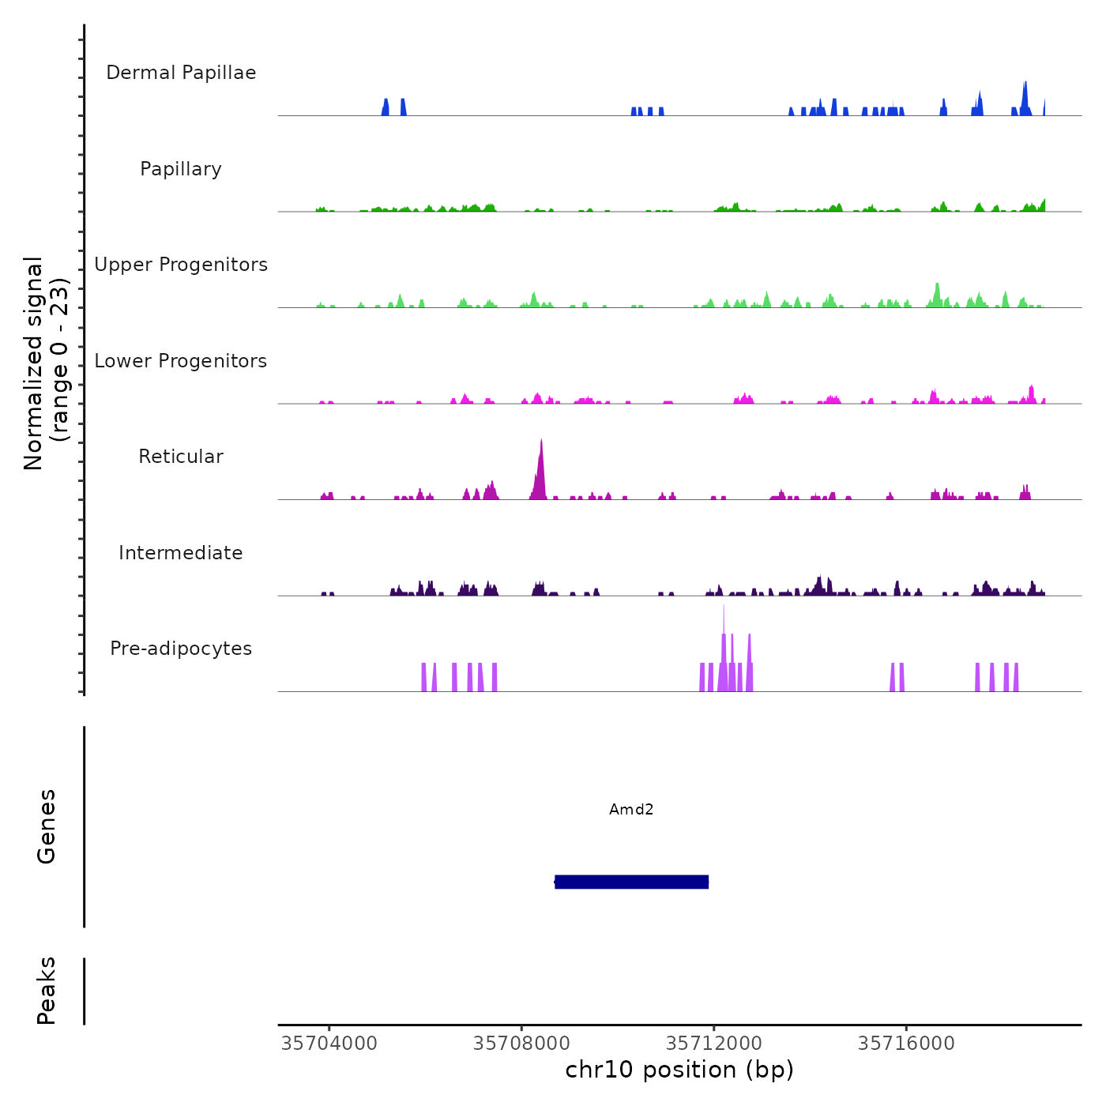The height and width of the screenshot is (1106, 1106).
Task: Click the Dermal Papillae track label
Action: [x=181, y=73]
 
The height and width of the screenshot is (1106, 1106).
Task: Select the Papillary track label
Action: [x=181, y=169]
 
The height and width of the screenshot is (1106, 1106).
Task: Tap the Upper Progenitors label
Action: [x=181, y=265]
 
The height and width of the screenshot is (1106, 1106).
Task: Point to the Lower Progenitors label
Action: [x=181, y=361]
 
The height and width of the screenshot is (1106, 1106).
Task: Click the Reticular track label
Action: [x=181, y=457]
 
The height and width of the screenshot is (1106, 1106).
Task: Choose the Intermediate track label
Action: [x=181, y=553]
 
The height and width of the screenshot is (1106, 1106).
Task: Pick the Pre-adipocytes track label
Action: [x=181, y=649]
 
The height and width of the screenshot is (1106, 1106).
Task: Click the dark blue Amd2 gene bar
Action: [x=631, y=882]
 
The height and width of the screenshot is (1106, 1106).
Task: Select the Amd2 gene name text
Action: [x=631, y=810]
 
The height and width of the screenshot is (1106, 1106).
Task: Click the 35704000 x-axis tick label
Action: [x=329, y=1044]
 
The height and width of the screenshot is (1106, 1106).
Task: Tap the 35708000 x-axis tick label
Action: [x=521, y=1044]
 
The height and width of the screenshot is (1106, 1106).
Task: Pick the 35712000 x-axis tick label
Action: [x=714, y=1044]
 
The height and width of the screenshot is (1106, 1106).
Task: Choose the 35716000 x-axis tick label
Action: [x=906, y=1044]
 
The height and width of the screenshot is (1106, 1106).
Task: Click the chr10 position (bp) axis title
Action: [x=679, y=1070]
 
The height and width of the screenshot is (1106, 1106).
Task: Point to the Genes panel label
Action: [x=47, y=826]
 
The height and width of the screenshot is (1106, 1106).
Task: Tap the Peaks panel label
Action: [x=47, y=991]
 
